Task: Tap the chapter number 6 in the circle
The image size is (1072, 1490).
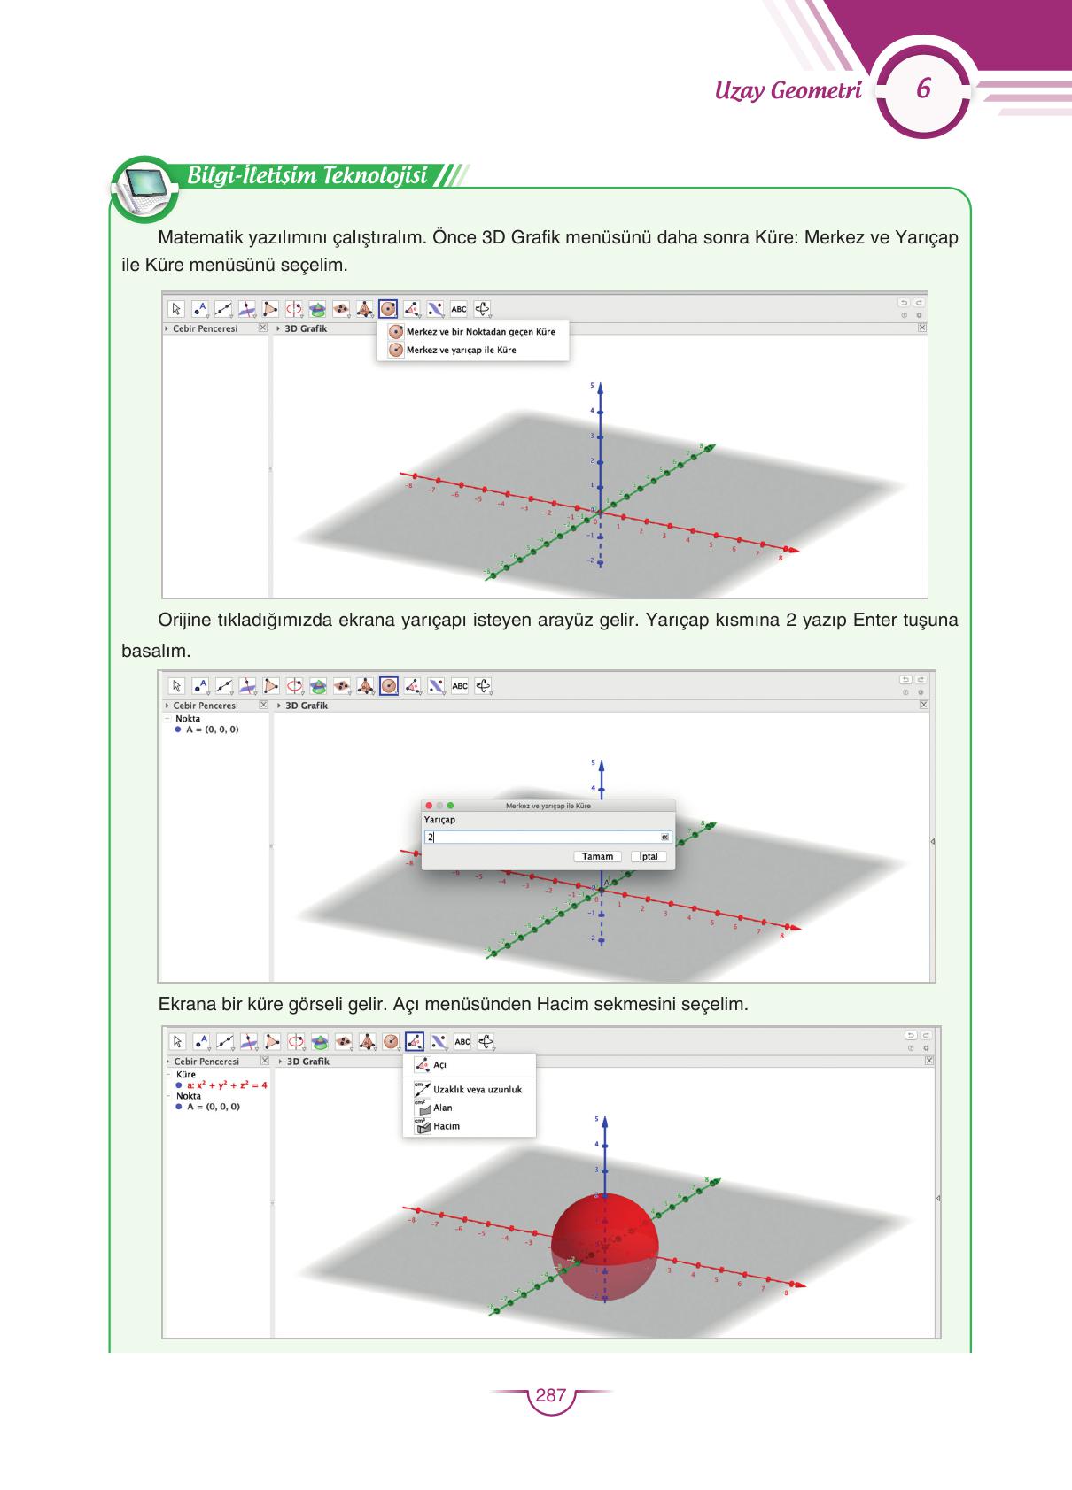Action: (x=922, y=90)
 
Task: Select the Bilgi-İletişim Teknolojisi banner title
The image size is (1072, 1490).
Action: (x=307, y=175)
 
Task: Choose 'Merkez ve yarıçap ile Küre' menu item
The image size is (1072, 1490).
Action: (x=461, y=350)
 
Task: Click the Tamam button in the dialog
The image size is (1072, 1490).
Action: (x=597, y=856)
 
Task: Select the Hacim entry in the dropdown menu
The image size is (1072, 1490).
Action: (x=446, y=1126)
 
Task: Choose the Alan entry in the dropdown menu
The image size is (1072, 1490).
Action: (x=442, y=1108)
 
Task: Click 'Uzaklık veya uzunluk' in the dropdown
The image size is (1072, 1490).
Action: (x=477, y=1089)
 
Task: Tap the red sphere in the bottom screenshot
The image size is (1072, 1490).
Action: (x=605, y=1244)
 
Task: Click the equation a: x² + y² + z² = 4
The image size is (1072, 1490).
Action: (x=227, y=1085)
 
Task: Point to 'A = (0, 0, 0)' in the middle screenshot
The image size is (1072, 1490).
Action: (x=212, y=730)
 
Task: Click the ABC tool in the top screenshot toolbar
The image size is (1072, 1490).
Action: (x=459, y=309)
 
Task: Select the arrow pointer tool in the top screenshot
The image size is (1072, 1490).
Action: (x=176, y=309)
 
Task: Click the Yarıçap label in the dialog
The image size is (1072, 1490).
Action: (x=439, y=820)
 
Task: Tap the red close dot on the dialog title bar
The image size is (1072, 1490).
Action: (x=430, y=806)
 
